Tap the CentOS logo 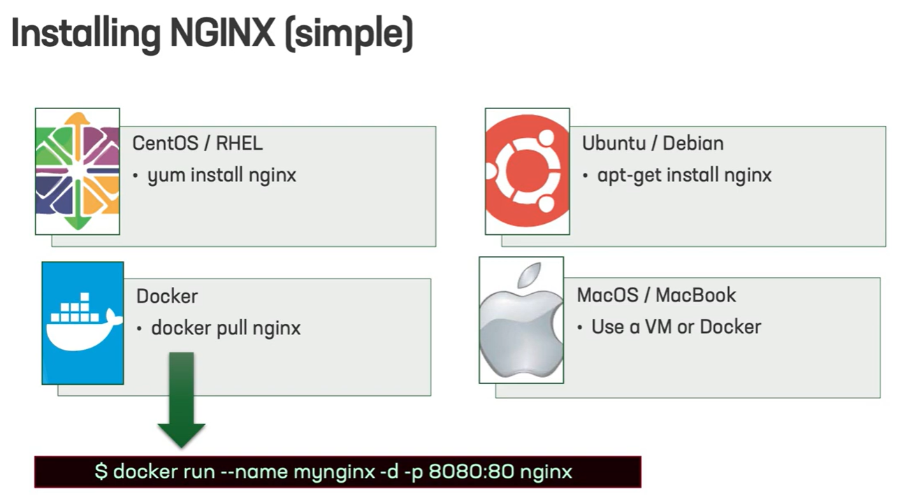78,171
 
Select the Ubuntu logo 527,171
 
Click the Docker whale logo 82,323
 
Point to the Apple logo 521,320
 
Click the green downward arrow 182,400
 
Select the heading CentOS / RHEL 198,143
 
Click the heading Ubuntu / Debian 653,143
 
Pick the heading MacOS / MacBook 657,295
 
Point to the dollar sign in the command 101,472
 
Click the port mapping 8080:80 471,472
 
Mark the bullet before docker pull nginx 140,329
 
